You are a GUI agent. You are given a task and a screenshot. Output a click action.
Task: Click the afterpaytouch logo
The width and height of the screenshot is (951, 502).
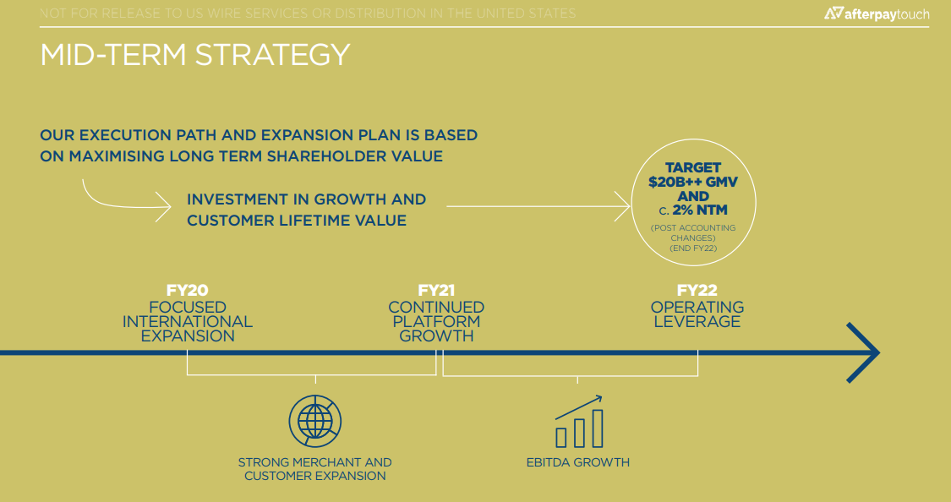pyautogui.click(x=877, y=14)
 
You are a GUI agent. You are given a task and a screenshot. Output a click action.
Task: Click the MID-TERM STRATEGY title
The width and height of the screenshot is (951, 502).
pyautogui.click(x=194, y=55)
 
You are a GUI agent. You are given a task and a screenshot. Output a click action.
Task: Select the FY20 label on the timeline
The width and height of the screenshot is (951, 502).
pyautogui.click(x=188, y=291)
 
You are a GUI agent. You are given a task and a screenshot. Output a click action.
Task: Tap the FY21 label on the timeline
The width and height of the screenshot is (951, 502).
pyautogui.click(x=436, y=291)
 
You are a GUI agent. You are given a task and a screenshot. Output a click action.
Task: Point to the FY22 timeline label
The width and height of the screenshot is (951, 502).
pyautogui.click(x=697, y=291)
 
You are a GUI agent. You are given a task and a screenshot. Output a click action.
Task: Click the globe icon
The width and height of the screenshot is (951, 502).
pyautogui.click(x=315, y=421)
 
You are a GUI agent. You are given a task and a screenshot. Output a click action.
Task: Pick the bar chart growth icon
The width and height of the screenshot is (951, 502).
pyautogui.click(x=579, y=422)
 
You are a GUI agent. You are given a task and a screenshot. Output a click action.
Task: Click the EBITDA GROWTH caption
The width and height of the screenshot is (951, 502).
pyautogui.click(x=578, y=462)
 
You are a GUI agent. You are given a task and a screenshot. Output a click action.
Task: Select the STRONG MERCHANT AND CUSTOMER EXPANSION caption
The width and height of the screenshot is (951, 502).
pyautogui.click(x=314, y=469)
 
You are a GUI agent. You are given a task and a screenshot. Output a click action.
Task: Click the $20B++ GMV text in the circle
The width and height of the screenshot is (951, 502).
pyautogui.click(x=693, y=182)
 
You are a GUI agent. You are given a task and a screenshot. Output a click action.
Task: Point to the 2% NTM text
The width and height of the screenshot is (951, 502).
pyautogui.click(x=700, y=210)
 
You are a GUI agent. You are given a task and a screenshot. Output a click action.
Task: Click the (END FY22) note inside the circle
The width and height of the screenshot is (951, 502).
pyautogui.click(x=693, y=248)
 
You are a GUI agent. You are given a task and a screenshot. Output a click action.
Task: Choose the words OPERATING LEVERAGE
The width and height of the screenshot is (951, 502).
pyautogui.click(x=697, y=314)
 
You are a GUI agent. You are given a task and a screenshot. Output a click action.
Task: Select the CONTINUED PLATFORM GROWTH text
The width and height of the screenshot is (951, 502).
pyautogui.click(x=436, y=321)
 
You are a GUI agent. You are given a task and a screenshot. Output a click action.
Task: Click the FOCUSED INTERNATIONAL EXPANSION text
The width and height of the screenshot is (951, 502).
pyautogui.click(x=188, y=321)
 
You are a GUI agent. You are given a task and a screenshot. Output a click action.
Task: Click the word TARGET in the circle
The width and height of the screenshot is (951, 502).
pyautogui.click(x=693, y=167)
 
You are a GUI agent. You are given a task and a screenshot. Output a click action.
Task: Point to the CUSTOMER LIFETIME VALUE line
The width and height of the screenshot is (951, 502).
pyautogui.click(x=297, y=220)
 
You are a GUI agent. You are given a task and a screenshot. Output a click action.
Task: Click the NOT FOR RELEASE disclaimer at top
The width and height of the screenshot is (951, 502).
pyautogui.click(x=308, y=13)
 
